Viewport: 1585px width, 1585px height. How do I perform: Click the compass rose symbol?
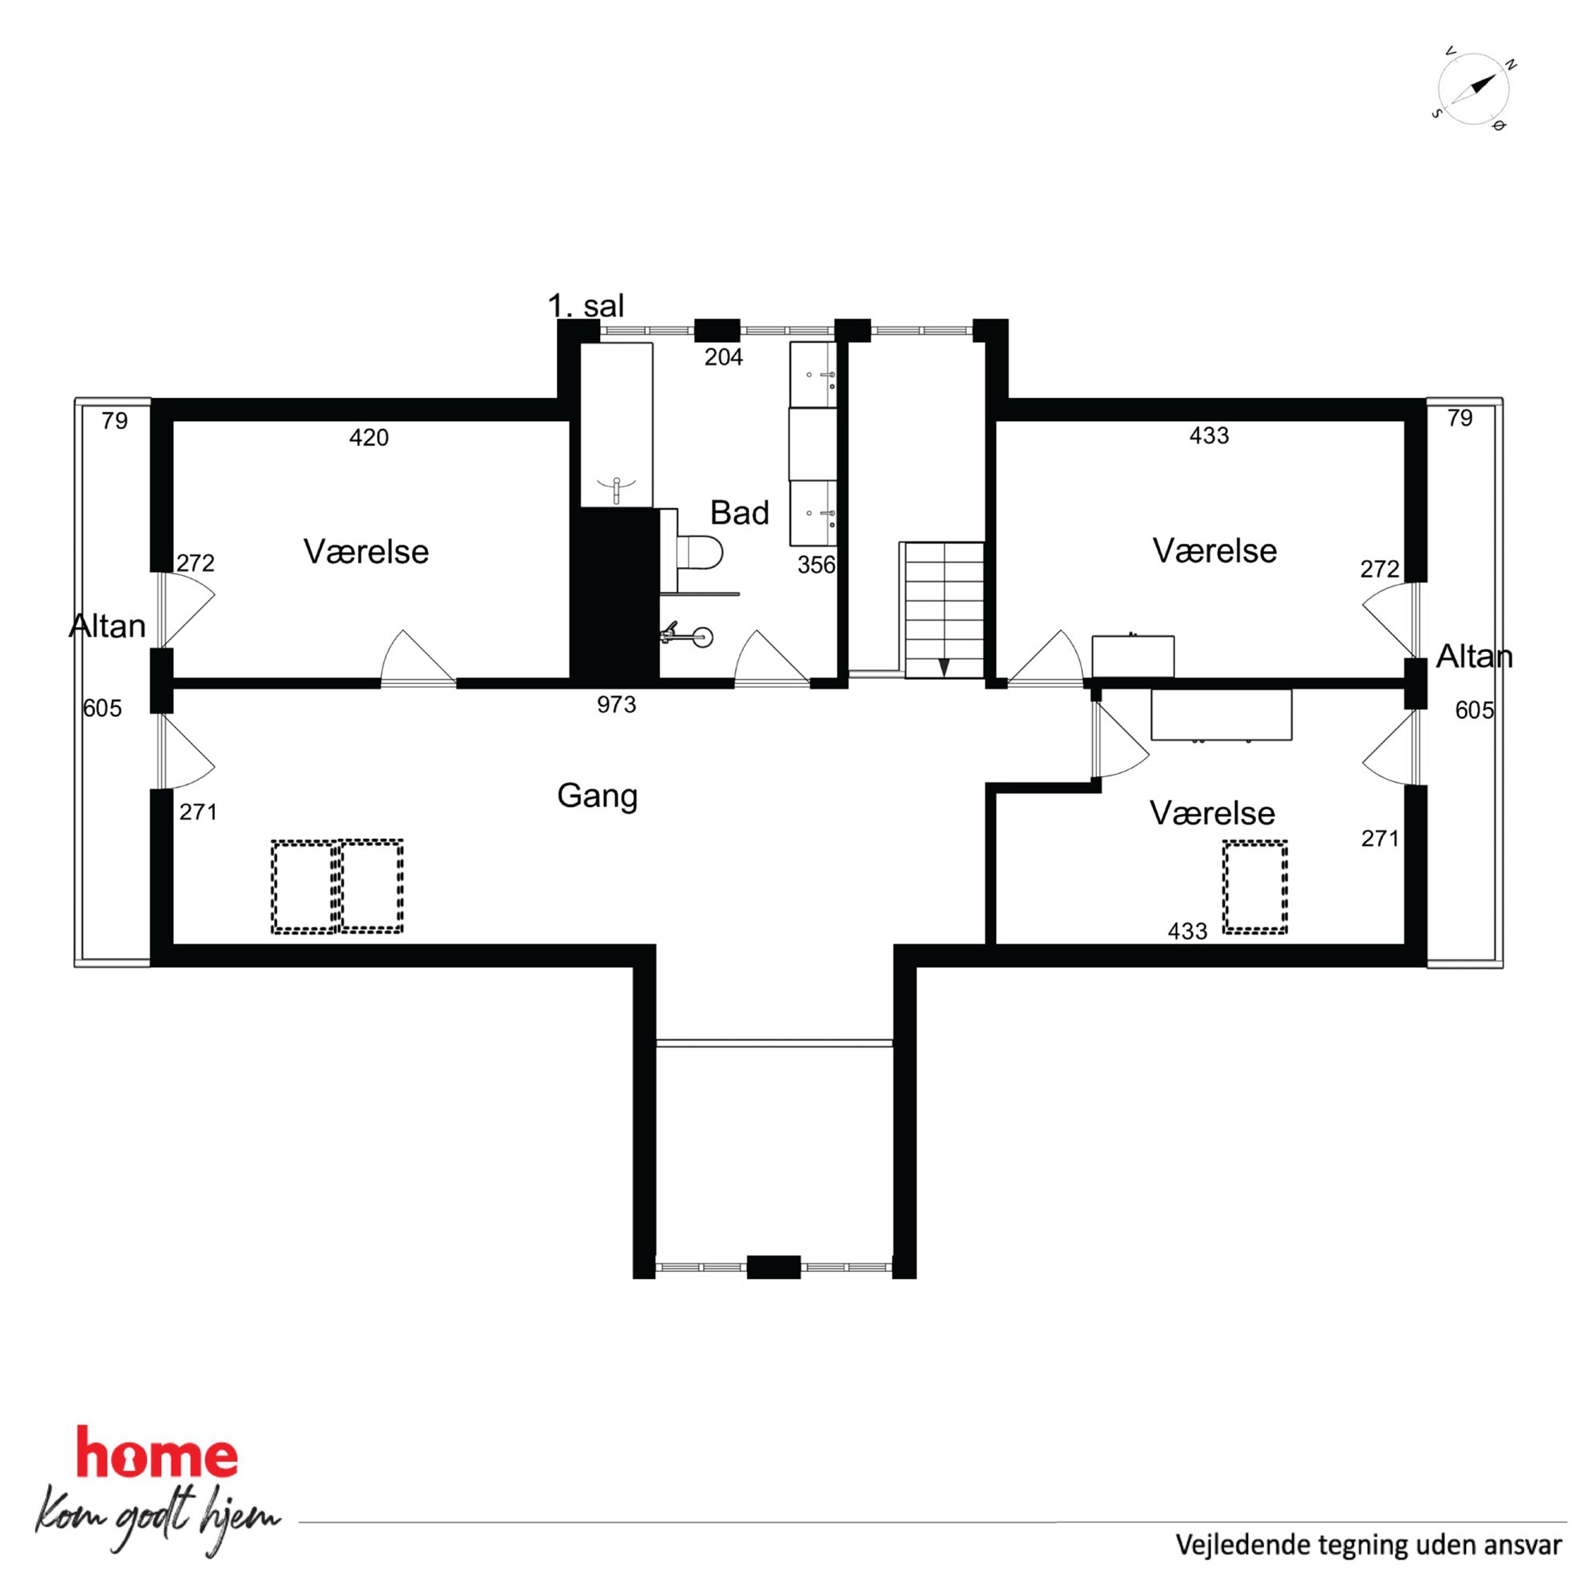[1472, 89]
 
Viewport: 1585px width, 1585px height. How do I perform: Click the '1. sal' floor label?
[586, 306]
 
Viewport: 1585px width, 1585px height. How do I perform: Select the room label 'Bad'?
[739, 513]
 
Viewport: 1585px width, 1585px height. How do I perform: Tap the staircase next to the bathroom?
[943, 610]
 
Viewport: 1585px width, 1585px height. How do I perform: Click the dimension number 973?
[616, 705]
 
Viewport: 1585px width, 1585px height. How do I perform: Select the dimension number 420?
[368, 437]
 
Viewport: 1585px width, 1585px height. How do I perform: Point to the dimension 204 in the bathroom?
[724, 357]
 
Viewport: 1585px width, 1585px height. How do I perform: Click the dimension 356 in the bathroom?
[816, 565]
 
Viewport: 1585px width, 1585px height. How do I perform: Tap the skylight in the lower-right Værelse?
[1254, 887]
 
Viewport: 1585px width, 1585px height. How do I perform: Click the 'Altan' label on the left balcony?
[108, 626]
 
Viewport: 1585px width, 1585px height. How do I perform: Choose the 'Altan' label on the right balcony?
[1474, 657]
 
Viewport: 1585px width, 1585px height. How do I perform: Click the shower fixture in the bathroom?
[688, 634]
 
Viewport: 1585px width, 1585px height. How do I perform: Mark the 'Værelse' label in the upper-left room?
[366, 551]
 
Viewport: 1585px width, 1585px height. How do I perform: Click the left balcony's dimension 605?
[102, 708]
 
